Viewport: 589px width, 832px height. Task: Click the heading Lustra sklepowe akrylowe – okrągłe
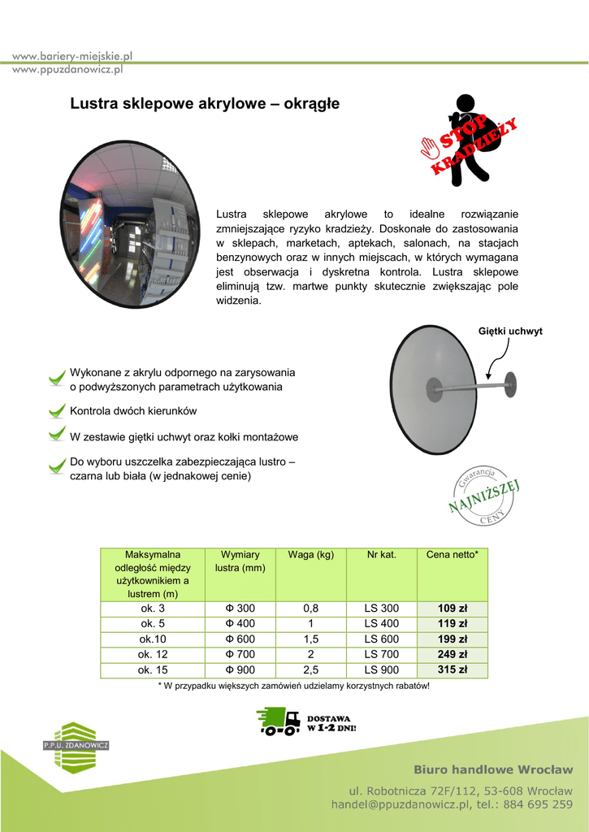[x=204, y=104]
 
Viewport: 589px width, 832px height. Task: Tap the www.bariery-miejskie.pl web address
[x=72, y=56]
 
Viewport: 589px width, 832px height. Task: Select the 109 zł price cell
[x=452, y=609]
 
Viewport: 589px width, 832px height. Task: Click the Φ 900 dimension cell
[x=240, y=670]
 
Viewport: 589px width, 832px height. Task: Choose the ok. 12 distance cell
[x=153, y=655]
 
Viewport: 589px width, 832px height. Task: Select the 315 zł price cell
[x=452, y=670]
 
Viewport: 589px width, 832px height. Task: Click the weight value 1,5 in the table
[x=311, y=639]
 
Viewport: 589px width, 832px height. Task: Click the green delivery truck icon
[x=278, y=721]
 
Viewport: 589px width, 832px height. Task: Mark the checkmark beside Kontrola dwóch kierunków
[x=56, y=410]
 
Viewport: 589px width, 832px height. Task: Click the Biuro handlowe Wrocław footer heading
[x=493, y=769]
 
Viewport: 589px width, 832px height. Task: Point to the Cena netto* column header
[x=452, y=554]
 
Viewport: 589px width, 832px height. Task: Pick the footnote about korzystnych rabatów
[x=293, y=687]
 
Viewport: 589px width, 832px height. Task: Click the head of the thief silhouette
[x=465, y=103]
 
